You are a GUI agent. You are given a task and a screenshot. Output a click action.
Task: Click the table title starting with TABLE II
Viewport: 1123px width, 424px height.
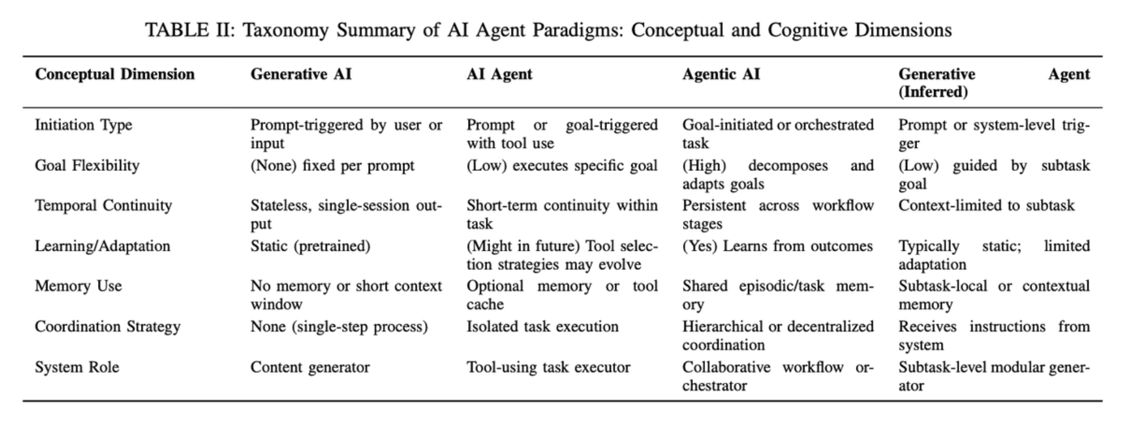548,30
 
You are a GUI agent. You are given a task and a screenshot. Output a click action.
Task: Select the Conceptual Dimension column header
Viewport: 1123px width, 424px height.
115,74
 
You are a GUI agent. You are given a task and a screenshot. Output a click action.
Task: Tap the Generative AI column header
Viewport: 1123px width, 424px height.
301,74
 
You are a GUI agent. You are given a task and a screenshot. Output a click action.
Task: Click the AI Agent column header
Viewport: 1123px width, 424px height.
499,74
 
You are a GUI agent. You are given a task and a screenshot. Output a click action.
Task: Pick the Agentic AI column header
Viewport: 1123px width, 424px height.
721,74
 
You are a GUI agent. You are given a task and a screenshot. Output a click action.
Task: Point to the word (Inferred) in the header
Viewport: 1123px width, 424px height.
933,92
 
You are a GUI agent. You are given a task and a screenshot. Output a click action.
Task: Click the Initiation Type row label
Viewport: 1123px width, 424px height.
84,125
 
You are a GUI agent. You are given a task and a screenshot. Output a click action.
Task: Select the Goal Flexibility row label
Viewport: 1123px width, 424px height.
87,166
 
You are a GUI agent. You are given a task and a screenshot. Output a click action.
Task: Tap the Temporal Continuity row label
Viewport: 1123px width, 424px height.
103,206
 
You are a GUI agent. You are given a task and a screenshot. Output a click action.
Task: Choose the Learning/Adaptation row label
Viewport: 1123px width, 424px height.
102,246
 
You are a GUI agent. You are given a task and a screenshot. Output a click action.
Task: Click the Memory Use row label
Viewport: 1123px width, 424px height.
78,286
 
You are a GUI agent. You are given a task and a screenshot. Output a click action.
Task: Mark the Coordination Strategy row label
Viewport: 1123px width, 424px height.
107,327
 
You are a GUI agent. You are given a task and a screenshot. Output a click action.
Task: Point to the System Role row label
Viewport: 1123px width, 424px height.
77,367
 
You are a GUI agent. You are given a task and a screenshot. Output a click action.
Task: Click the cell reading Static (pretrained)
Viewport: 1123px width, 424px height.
310,246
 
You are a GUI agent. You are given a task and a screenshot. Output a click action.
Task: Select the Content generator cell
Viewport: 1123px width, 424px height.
310,367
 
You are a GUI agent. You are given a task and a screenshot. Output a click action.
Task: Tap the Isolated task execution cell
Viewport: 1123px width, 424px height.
542,327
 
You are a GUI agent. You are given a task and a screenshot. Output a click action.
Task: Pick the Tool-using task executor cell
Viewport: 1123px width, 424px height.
548,367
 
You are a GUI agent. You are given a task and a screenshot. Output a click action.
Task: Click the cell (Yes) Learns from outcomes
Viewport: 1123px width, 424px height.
777,246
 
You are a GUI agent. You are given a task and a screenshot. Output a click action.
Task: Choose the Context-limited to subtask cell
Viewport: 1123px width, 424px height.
986,206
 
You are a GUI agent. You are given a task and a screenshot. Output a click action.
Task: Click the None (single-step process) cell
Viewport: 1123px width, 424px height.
339,327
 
